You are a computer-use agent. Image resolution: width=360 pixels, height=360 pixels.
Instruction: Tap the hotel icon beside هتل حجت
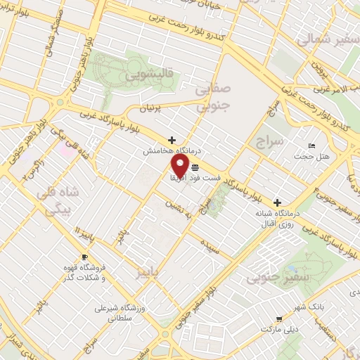[311, 146]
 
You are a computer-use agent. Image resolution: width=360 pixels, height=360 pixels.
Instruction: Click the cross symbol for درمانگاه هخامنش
[172, 140]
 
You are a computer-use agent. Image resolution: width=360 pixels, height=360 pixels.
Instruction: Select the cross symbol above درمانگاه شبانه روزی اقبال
[277, 202]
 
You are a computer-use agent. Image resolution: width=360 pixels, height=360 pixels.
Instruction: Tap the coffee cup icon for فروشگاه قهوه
[85, 257]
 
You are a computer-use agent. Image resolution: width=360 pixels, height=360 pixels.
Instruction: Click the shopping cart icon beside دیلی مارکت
[280, 318]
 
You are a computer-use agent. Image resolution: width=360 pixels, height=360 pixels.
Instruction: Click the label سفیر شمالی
[323, 40]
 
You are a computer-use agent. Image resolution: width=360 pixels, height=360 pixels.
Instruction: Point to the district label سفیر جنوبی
[288, 279]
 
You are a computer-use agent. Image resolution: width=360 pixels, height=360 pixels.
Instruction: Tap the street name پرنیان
[150, 110]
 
